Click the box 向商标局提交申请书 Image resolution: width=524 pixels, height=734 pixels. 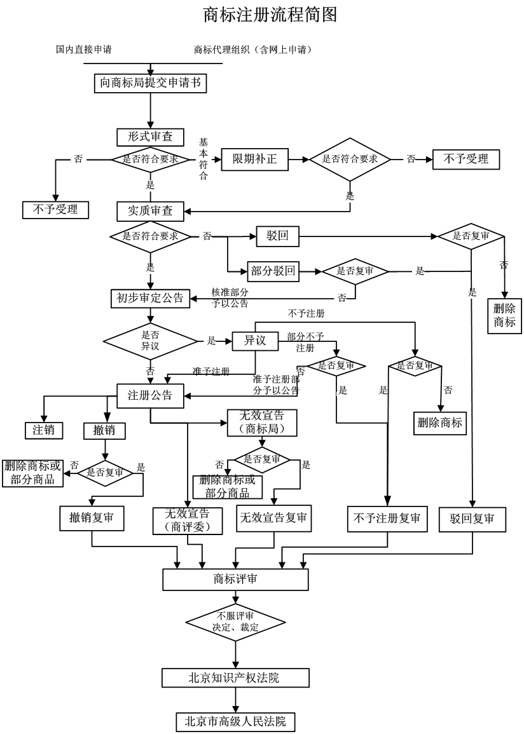click(x=151, y=83)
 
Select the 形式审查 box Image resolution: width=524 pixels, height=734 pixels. click(x=150, y=137)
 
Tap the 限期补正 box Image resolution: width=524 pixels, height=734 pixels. click(x=254, y=159)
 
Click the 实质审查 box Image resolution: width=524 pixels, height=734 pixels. click(x=150, y=210)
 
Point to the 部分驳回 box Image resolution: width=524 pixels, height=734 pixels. click(x=273, y=271)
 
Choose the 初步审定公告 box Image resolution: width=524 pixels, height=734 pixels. click(x=150, y=298)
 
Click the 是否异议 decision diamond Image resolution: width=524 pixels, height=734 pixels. click(x=151, y=341)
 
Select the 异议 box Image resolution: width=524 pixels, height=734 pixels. click(x=254, y=341)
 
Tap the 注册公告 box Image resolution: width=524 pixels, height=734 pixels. click(x=150, y=395)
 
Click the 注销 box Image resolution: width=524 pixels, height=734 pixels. click(x=44, y=430)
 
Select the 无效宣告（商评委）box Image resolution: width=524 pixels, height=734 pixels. click(x=188, y=520)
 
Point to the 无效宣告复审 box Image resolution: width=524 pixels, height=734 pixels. click(x=273, y=518)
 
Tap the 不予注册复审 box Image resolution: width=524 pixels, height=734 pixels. click(x=387, y=519)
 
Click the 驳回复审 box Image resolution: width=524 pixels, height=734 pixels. click(x=472, y=519)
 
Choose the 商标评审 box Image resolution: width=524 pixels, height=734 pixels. click(x=235, y=580)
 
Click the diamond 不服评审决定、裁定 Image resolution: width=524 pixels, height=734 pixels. click(x=235, y=622)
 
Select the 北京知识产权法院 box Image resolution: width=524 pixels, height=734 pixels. click(x=235, y=678)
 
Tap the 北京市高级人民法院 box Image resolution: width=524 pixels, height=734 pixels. click(x=235, y=722)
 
